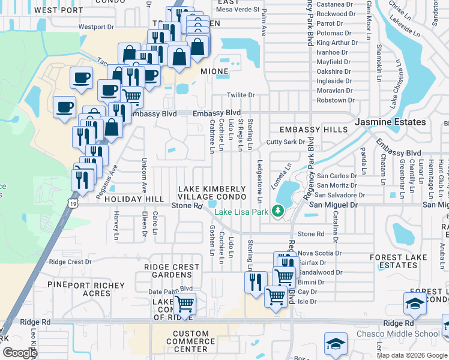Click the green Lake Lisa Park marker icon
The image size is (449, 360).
point(277,210)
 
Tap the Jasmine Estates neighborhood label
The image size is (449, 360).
point(390,122)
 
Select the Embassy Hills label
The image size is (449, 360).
point(305,130)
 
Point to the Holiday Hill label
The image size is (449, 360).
point(125,199)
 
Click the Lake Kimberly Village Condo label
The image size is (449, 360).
point(212,193)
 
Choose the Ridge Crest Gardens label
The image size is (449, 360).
point(167,271)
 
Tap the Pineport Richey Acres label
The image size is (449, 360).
point(88,289)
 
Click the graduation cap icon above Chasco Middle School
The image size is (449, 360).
point(415,304)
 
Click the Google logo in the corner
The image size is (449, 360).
point(20,353)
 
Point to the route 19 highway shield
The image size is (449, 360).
point(73,205)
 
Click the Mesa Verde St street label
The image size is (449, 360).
point(238,10)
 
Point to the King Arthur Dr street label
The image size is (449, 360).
point(337,43)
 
